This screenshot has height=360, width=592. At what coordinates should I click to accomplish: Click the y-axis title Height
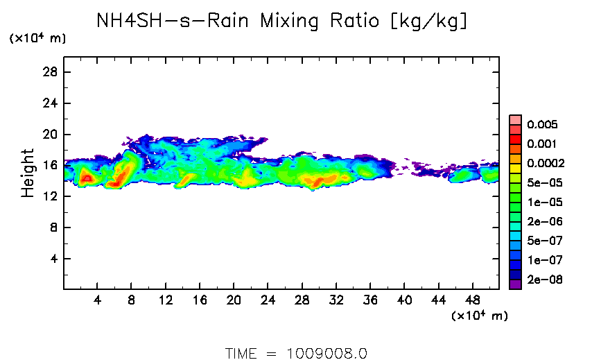[x=27, y=173]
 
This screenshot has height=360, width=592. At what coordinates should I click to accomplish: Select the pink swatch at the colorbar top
[x=515, y=119]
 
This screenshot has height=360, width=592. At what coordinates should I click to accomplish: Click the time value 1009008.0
[x=327, y=352]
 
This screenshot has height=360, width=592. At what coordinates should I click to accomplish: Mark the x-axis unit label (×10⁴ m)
[x=479, y=316]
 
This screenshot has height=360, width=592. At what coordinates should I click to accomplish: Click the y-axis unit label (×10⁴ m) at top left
[x=37, y=39]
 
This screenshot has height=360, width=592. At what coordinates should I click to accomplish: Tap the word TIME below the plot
[x=241, y=352]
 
